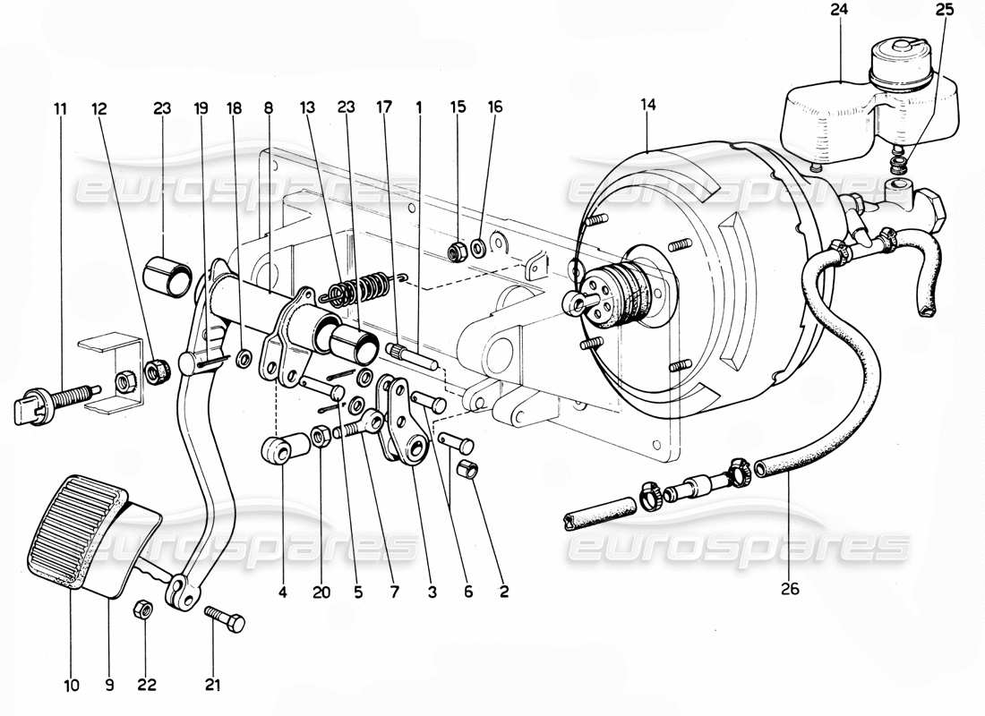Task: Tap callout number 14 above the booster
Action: pyautogui.click(x=648, y=106)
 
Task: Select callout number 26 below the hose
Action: pyautogui.click(x=789, y=590)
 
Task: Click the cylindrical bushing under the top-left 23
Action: pyautogui.click(x=167, y=274)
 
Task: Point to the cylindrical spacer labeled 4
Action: pyautogui.click(x=278, y=449)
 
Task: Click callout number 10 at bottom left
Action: pyautogui.click(x=72, y=686)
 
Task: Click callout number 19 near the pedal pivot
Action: pyautogui.click(x=201, y=108)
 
